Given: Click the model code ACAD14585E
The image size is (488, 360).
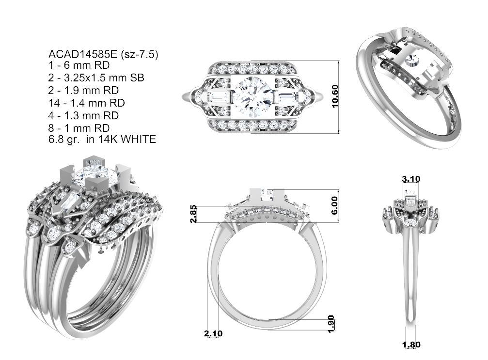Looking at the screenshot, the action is click(x=82, y=54).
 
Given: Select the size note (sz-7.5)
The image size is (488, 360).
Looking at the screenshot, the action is click(x=139, y=55).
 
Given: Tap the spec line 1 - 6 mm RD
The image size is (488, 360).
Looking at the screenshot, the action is click(x=79, y=65).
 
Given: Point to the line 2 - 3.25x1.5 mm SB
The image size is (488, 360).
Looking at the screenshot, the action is click(x=96, y=78).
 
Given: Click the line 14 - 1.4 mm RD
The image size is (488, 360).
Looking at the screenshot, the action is click(x=87, y=103).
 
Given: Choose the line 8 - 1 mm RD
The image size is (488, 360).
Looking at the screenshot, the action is click(x=79, y=128).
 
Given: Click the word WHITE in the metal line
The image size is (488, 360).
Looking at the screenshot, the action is click(x=138, y=139).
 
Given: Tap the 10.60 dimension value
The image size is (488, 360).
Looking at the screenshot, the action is click(x=335, y=96).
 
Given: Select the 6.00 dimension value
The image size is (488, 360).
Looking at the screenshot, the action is click(x=334, y=205).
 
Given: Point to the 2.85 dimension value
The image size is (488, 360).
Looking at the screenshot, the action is click(x=193, y=214).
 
